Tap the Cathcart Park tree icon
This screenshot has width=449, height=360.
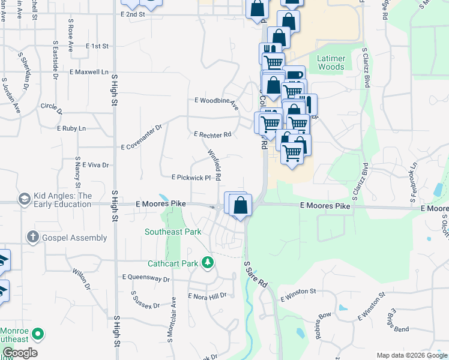(208, 262)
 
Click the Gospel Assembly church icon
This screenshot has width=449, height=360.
(34, 238)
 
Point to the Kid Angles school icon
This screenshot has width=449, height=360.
(25, 199)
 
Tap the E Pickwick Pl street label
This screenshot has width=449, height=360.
(191, 178)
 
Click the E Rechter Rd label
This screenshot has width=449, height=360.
(212, 135)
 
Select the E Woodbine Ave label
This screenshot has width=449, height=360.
(217, 103)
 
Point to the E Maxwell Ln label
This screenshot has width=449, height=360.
(89, 72)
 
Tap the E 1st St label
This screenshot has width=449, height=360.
(97, 46)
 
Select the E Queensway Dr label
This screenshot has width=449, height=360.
(146, 278)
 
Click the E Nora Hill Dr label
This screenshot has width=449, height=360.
(208, 296)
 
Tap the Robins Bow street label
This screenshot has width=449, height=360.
(324, 325)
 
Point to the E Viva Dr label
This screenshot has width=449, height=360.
(95, 164)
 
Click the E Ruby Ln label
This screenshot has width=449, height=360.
(71, 128)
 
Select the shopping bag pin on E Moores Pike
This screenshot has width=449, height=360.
(240, 205)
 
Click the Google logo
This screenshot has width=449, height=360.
(20, 353)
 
